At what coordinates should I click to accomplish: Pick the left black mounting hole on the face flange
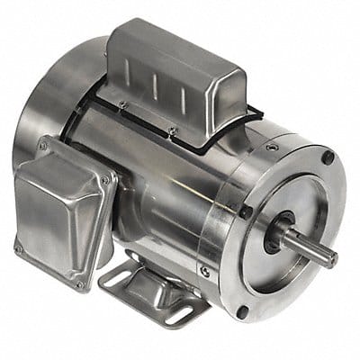pos(246,213)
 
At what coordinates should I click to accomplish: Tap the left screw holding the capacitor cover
pos(123,105)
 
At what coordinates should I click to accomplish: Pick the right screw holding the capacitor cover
pos(172,131)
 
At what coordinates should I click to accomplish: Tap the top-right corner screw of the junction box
pos(104,180)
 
